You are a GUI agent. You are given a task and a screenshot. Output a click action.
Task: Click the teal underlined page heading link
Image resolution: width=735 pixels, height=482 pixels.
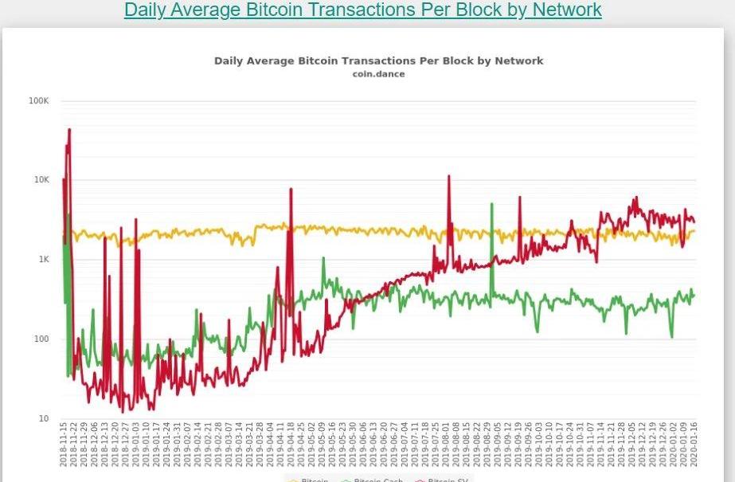[x=362, y=10]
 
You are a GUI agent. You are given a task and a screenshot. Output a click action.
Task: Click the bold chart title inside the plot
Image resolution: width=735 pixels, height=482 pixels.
[x=378, y=61]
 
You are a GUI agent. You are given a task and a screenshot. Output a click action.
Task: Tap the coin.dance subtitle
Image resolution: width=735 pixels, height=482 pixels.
[x=378, y=74]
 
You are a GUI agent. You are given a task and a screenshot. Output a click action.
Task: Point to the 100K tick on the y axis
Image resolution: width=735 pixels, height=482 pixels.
[x=39, y=101]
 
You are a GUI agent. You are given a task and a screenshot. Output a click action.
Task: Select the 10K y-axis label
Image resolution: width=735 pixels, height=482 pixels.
[x=41, y=180]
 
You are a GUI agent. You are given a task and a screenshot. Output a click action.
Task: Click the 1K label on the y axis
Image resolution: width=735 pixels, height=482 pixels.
[x=43, y=260]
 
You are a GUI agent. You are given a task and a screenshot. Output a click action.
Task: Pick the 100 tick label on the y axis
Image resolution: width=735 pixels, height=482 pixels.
[x=41, y=339]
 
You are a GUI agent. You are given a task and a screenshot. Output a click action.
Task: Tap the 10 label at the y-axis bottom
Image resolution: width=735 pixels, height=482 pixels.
[x=44, y=418]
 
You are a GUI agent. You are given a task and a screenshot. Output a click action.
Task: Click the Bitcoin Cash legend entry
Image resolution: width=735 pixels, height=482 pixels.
[x=374, y=480]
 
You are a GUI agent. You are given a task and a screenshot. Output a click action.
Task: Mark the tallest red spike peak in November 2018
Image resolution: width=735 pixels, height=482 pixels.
[x=70, y=129]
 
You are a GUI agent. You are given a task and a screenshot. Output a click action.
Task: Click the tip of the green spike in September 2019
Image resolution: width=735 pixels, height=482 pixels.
[x=492, y=203]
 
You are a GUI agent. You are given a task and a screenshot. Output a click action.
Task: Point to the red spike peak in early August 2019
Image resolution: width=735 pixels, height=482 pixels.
[x=449, y=176]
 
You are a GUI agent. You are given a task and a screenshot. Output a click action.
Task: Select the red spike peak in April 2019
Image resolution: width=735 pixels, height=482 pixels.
[x=291, y=190]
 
